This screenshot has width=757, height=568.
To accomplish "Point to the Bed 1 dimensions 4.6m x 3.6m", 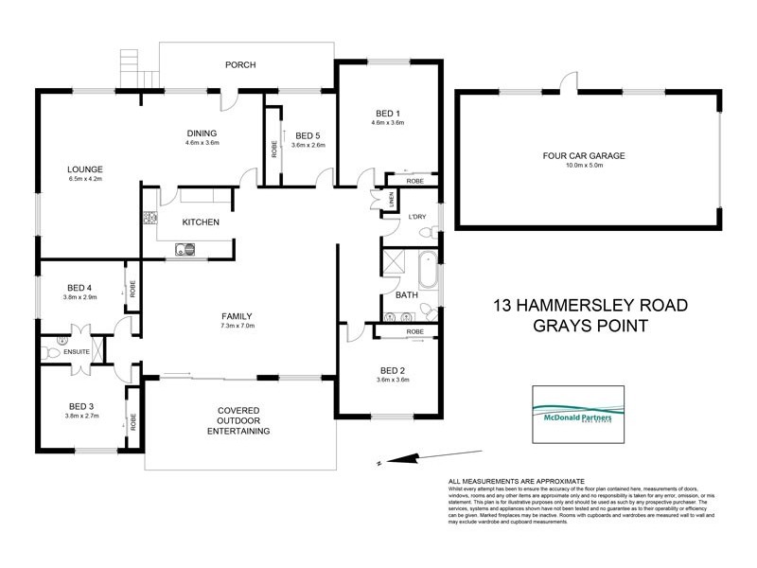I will (x=388, y=123).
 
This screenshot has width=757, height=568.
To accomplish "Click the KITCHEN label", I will (x=201, y=222).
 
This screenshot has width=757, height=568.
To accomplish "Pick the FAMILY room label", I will (x=238, y=316).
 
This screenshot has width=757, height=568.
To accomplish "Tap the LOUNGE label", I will (x=84, y=169).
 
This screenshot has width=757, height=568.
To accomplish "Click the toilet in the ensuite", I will (x=51, y=352).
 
